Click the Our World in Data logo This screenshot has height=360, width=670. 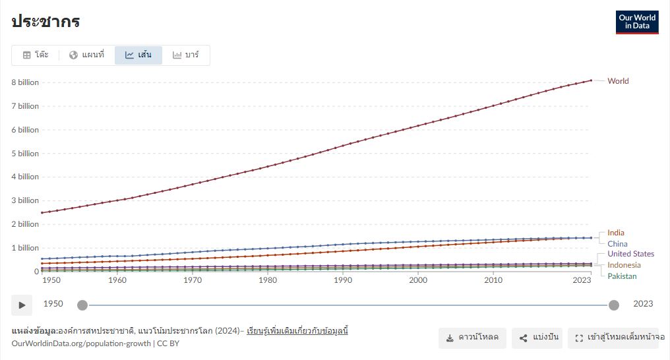637,22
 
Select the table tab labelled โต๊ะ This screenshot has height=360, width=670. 36,55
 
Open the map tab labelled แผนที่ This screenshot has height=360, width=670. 87,55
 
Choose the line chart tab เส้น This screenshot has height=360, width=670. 138,55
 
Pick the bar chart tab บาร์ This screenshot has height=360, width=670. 186,55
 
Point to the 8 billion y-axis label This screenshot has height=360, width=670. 25,82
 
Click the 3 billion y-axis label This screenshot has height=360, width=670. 25,200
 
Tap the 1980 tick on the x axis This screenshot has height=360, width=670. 268,280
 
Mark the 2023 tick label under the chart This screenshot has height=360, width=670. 582,280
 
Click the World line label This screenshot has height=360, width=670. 618,81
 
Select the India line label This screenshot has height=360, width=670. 616,233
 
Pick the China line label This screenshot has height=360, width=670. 617,244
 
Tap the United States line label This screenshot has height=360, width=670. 630,254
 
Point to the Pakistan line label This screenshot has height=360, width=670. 622,276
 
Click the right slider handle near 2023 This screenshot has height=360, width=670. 613,305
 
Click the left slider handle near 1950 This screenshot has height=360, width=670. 82,305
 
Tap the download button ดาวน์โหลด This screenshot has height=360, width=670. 472,338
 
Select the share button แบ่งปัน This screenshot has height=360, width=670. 537,338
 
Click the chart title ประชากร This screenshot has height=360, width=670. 46,21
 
